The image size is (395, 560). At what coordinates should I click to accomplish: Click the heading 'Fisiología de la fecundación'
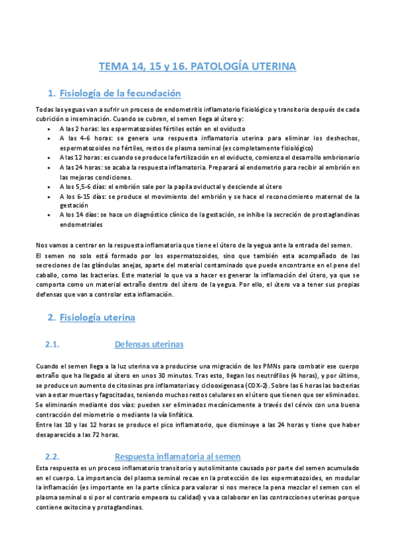pyautogui.click(x=120, y=93)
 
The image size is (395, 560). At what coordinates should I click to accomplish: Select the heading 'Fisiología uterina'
pyautogui.click(x=97, y=318)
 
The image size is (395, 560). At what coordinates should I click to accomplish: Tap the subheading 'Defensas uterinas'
pyautogui.click(x=149, y=344)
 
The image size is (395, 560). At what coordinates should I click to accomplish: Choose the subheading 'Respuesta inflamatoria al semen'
pyautogui.click(x=177, y=456)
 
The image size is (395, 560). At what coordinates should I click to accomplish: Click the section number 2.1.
pyautogui.click(x=52, y=344)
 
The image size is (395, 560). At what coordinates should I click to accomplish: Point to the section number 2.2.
pyautogui.click(x=52, y=456)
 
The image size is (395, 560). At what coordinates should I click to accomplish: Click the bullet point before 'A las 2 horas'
pyautogui.click(x=51, y=129)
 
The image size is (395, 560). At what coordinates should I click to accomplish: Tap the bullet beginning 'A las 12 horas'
pyautogui.click(x=51, y=158)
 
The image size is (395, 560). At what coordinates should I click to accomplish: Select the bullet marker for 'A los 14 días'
pyautogui.click(x=51, y=215)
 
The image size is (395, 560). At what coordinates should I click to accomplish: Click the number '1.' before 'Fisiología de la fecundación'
pyautogui.click(x=52, y=93)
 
